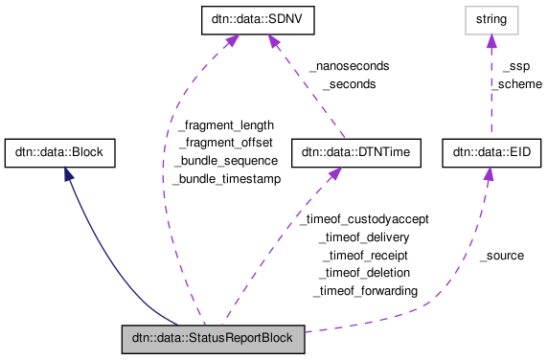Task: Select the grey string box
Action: tap(491, 18)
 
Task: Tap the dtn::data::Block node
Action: tap(60, 152)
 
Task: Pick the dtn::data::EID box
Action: tap(487, 152)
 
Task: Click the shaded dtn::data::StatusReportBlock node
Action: tap(213, 338)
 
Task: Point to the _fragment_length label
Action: tap(226, 124)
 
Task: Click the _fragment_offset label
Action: tap(226, 143)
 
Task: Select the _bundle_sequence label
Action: tap(226, 161)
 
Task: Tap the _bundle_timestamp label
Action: tap(226, 179)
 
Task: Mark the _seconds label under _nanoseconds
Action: tap(349, 84)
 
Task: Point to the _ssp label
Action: tap(515, 66)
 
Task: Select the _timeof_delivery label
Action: tap(365, 237)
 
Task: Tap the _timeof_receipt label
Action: tap(365, 256)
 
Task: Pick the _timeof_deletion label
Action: tap(365, 273)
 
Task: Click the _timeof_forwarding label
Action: tap(365, 291)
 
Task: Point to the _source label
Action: tap(501, 256)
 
